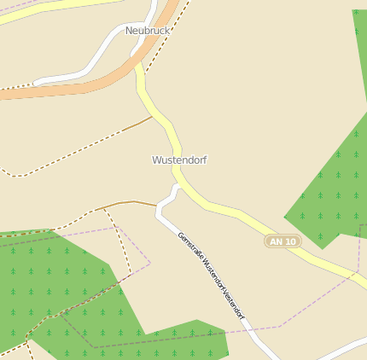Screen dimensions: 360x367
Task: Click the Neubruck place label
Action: point(148,31)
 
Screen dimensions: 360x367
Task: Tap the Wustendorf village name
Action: point(179,160)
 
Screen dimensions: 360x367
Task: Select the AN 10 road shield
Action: point(283,241)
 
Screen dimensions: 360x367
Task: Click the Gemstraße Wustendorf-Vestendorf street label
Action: point(211,276)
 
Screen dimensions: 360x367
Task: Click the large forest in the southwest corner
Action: point(51,282)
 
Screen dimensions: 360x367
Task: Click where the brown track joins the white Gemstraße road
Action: point(157,206)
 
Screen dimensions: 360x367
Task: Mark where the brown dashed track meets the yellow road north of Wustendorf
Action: point(153,116)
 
